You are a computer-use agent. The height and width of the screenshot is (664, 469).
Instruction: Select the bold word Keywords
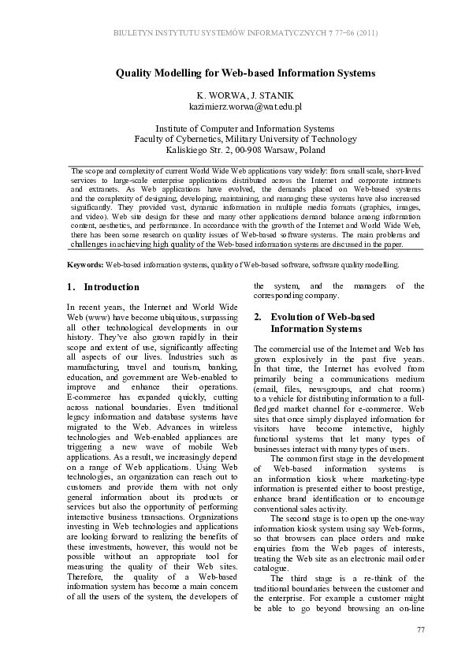tap(85, 265)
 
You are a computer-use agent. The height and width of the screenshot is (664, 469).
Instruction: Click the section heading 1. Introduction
tap(103, 287)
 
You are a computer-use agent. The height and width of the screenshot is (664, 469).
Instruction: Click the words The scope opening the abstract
tap(87, 170)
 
